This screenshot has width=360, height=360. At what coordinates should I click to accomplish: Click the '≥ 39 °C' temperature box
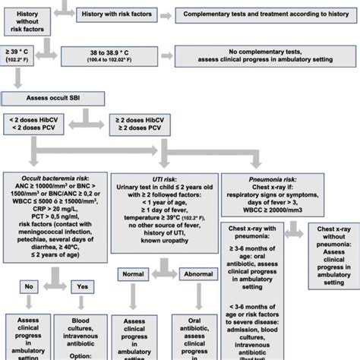coord(23,55)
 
